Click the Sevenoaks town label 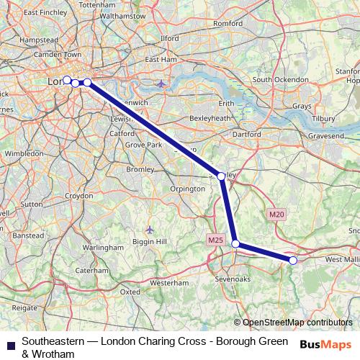[x=233, y=278]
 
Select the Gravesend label [x=327, y=135]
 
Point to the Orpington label [x=188, y=189]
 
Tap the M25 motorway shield [x=215, y=239]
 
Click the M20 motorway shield [x=276, y=214]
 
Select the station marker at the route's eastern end [x=293, y=260]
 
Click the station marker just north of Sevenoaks [x=235, y=244]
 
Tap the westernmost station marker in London [x=67, y=80]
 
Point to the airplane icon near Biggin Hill [x=149, y=229]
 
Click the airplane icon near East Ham [x=161, y=84]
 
